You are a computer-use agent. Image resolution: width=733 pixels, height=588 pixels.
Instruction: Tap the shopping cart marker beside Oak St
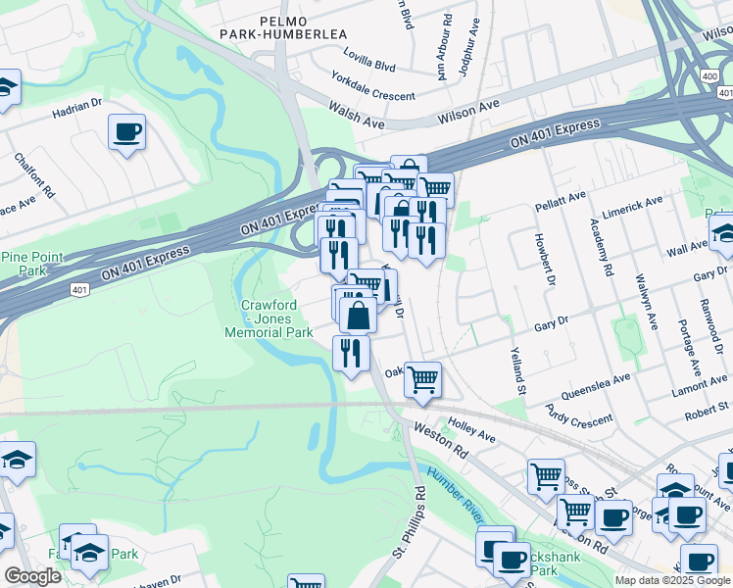pos(422,378)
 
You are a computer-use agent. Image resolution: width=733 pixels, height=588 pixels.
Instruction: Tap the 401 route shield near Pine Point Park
pos(79,289)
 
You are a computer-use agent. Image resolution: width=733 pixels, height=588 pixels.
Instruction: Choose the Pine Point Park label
pos(31,264)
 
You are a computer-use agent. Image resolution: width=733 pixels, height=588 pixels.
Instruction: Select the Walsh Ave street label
pos(357,118)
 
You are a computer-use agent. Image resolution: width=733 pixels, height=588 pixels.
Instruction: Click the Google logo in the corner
pos(32,576)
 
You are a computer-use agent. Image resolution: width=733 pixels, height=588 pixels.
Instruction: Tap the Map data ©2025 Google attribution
pos(672,580)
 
